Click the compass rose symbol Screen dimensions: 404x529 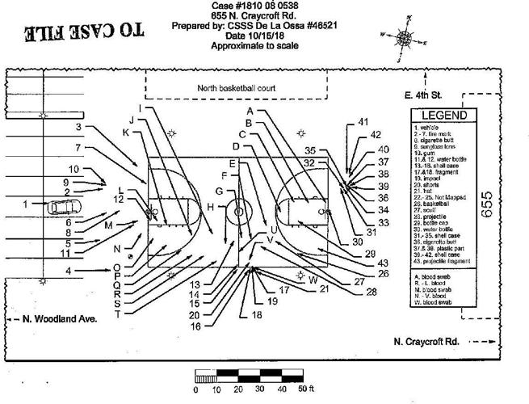(x=403, y=36)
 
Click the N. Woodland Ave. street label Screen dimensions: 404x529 (x=59, y=319)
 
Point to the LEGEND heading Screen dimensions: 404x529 (x=444, y=116)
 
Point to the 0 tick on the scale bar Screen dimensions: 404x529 (x=196, y=389)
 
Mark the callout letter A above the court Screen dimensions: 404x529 (x=250, y=110)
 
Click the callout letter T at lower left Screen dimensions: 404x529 (x=118, y=314)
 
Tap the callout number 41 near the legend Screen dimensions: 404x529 (x=363, y=122)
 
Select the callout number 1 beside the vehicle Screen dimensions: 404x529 (x=26, y=204)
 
